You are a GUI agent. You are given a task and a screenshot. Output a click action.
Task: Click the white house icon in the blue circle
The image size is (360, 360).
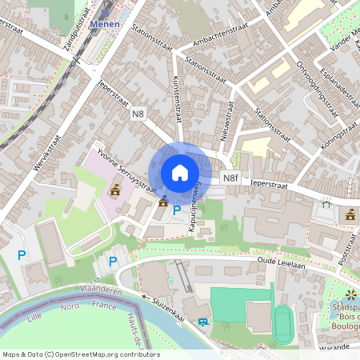coord(180,172)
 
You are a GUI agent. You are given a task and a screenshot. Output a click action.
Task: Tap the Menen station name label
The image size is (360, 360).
coord(105,24)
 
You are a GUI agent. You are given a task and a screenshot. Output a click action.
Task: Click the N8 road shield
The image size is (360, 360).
coord(138,114)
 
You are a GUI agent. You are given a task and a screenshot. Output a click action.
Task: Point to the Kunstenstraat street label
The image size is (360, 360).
coord(176,100)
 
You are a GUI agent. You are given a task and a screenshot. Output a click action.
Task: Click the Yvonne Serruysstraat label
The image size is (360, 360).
coord(125,169)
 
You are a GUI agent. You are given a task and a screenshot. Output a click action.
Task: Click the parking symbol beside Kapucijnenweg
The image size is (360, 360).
coord(176,210)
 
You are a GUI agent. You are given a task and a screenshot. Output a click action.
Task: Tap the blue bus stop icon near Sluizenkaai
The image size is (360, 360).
coord(202,322)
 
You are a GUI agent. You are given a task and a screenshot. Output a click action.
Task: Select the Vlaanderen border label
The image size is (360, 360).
coord(102,290)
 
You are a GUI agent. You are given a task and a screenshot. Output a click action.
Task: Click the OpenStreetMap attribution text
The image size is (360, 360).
coord(81,354)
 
